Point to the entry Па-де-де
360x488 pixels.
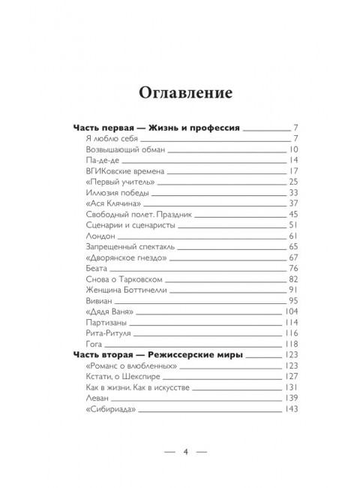tap(101, 161)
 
